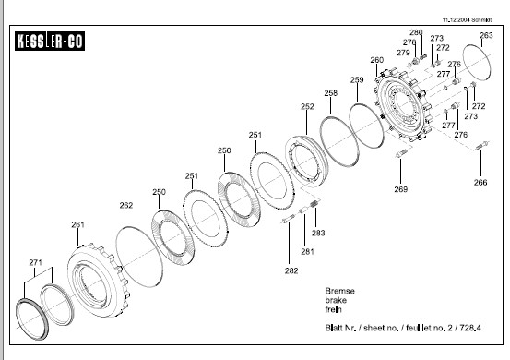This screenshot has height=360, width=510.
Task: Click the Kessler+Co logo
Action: pos(50,41)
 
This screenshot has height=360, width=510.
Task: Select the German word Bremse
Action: pos(340,291)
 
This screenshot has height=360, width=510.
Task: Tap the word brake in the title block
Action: pos(336,300)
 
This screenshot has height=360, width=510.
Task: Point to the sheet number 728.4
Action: pos(470,328)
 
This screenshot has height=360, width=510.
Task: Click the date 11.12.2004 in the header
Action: pos(456,20)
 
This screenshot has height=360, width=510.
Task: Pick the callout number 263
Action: pos(486,35)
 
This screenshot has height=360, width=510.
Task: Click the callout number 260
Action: pos(376,60)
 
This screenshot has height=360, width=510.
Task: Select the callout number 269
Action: pos(400,189)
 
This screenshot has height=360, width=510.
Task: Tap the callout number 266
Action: pos(480,182)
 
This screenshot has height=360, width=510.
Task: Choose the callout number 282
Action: pos(291,270)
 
